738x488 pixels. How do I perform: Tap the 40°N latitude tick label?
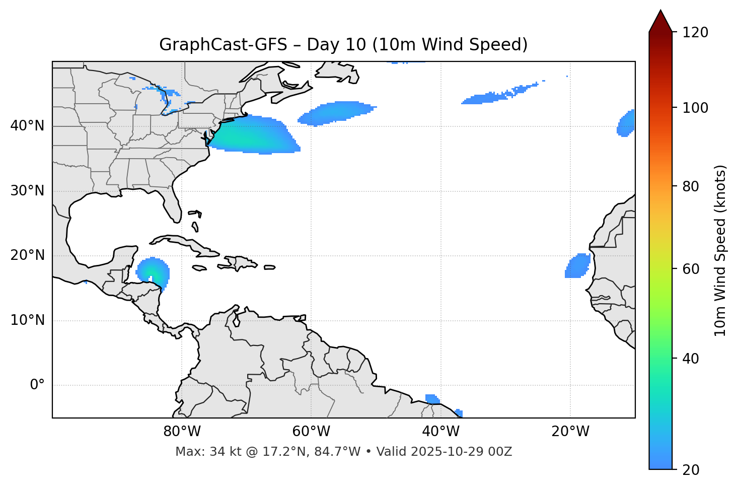point(27,126)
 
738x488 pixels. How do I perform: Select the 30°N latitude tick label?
point(27,191)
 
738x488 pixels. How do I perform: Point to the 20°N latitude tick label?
point(27,255)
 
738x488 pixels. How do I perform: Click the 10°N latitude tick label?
point(27,320)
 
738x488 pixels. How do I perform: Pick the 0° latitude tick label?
point(37,385)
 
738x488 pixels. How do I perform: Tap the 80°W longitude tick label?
point(182,432)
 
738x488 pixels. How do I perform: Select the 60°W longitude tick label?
point(311,432)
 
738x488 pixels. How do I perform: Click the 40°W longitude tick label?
point(440,432)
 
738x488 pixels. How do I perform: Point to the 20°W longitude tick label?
point(570,432)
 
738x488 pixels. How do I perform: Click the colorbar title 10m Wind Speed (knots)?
point(720,250)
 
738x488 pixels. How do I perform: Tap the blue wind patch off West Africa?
point(578,265)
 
